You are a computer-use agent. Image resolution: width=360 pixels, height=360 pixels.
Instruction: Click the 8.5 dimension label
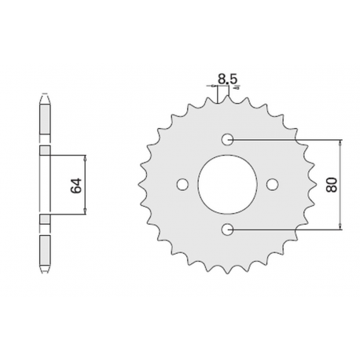click(x=224, y=78)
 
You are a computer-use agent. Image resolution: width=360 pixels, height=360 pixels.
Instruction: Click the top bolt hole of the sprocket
click(x=228, y=140)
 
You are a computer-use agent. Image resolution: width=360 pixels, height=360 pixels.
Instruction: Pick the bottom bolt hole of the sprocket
click(x=228, y=229)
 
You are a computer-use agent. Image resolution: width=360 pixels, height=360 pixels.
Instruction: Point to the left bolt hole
click(x=183, y=185)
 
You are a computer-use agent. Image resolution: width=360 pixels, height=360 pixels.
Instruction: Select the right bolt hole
click(x=273, y=185)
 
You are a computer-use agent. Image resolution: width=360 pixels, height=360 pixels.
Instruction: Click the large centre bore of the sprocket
click(x=228, y=185)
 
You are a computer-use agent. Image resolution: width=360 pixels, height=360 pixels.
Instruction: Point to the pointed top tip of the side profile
click(x=45, y=96)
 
